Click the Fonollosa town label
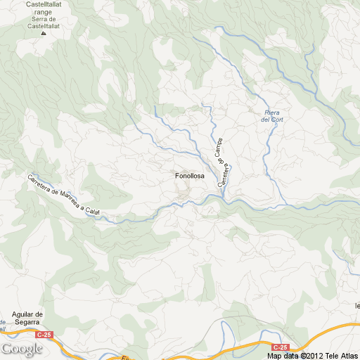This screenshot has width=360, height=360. (189, 176)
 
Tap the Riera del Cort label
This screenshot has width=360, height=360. (272, 117)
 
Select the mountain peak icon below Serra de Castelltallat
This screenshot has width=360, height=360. (44, 32)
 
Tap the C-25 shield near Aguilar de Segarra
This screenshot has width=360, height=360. (44, 335)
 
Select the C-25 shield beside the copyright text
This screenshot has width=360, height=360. (281, 347)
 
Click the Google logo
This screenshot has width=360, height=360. (22, 349)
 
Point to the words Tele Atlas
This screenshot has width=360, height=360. (342, 355)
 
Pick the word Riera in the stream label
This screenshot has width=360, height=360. (272, 113)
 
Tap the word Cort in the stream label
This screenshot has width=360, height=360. (276, 120)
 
